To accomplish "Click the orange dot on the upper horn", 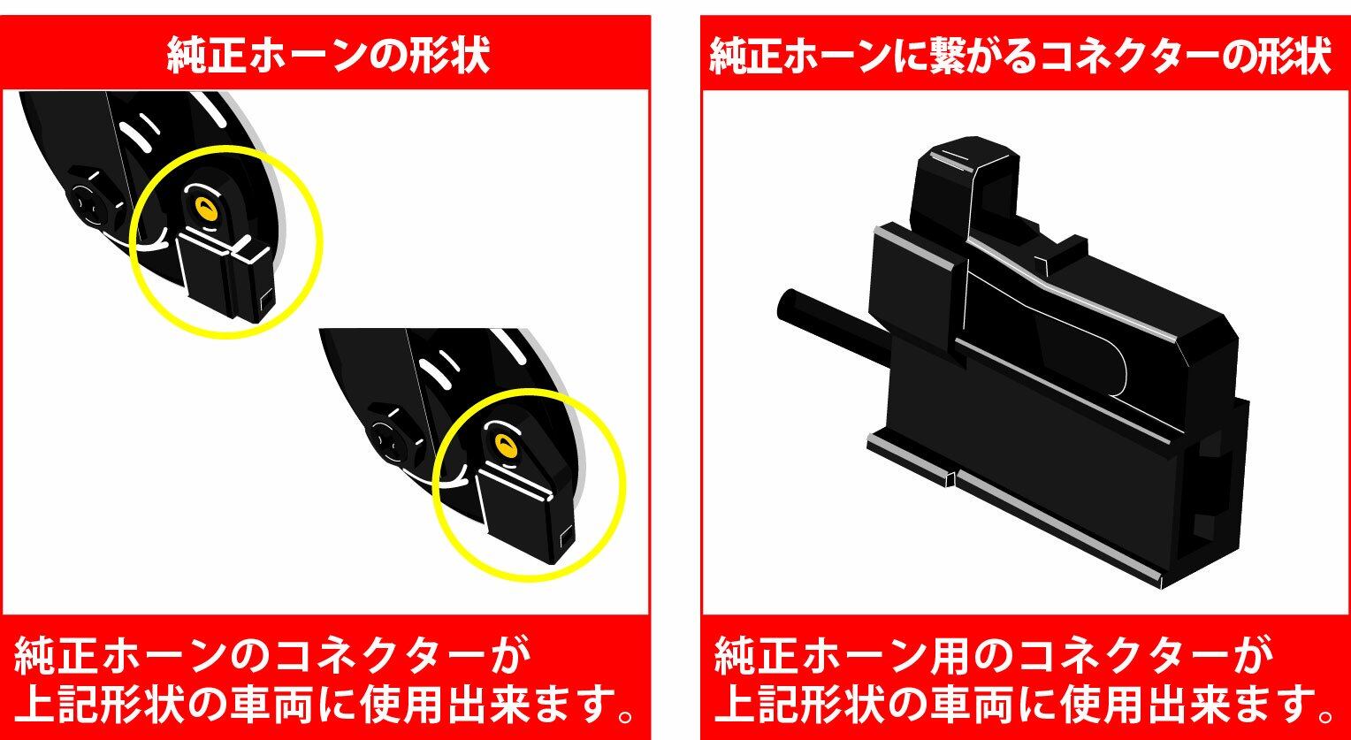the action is (206, 210).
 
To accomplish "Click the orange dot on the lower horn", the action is (506, 445).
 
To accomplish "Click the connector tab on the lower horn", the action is (524, 513).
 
